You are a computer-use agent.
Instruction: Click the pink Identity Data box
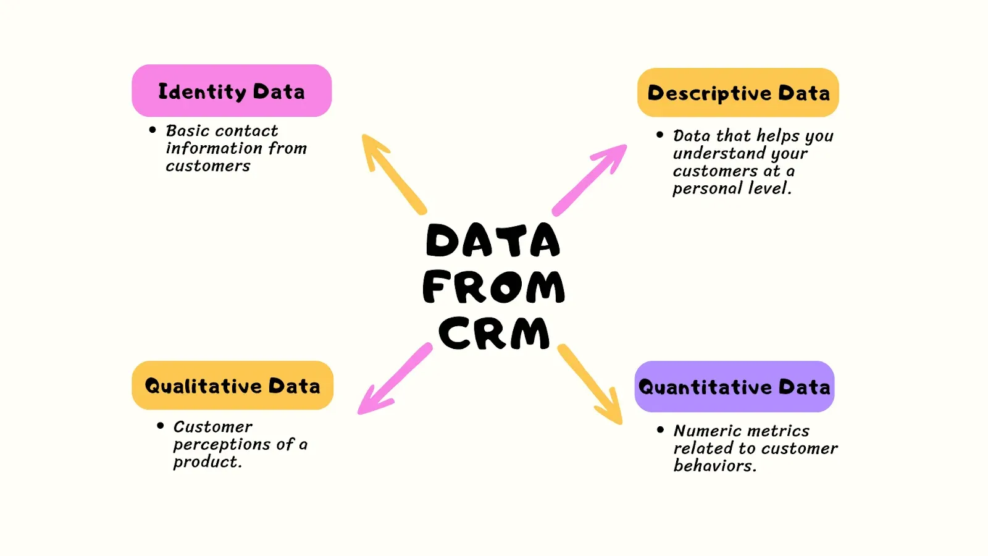[232, 91]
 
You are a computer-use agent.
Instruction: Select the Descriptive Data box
[738, 93]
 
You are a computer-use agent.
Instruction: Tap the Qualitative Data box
[232, 385]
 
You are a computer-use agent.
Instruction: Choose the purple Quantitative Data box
[734, 387]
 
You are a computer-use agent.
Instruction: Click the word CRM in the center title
[494, 334]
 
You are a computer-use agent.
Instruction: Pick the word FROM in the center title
[494, 287]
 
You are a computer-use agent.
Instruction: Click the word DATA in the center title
[493, 241]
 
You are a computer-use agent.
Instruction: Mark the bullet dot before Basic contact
[153, 130]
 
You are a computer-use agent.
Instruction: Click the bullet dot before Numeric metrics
[661, 429]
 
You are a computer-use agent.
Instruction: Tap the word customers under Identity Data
[208, 166]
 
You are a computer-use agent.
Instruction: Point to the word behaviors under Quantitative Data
[714, 466]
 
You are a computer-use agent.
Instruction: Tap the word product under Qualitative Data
[206, 462]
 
